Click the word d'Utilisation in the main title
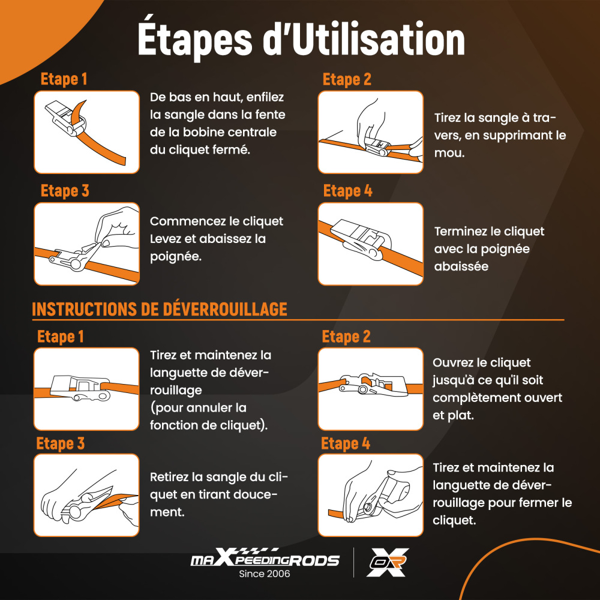click(x=364, y=38)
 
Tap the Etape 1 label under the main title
click(x=64, y=79)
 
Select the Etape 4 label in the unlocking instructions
click(x=346, y=443)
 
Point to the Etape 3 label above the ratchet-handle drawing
click(x=65, y=191)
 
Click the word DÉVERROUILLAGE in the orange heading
click(x=225, y=309)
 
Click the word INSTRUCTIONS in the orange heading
click(x=84, y=310)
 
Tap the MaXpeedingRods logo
click(x=265, y=557)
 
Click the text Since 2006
click(x=265, y=574)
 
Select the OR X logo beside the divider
click(x=388, y=562)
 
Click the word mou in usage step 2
click(x=449, y=153)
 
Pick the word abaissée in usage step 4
click(x=461, y=266)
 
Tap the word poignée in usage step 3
click(x=176, y=257)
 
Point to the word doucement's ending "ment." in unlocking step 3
click(x=167, y=512)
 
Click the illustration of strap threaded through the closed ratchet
click(x=87, y=132)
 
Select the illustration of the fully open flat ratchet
click(x=370, y=389)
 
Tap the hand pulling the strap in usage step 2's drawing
click(x=417, y=149)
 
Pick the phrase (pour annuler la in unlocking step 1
click(x=198, y=408)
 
